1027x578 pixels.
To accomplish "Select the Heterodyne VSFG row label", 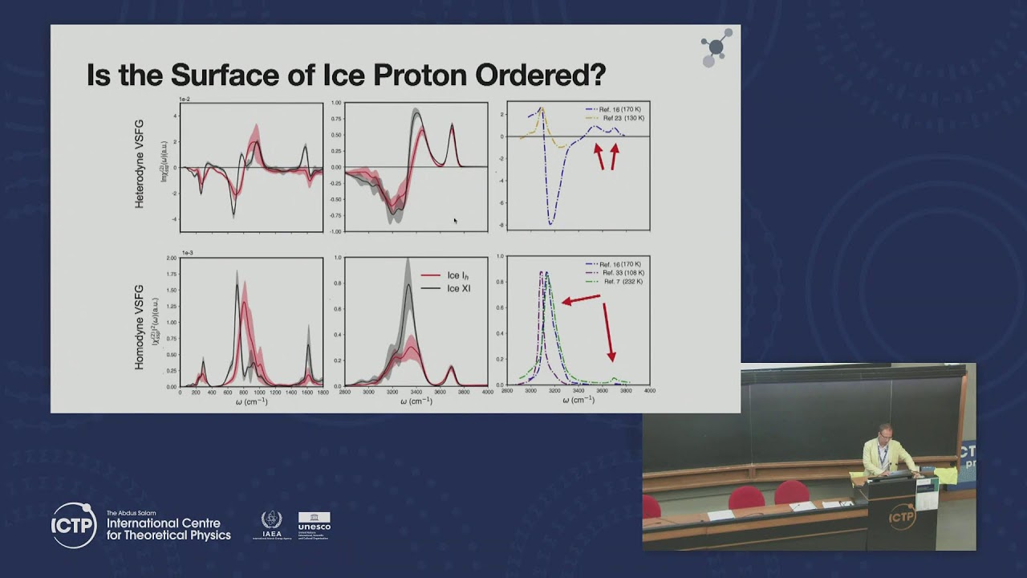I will click(x=140, y=164).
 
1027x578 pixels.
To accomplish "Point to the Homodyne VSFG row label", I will click(x=140, y=327).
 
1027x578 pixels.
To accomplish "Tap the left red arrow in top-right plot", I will click(x=599, y=156).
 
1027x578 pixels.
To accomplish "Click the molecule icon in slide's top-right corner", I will click(x=715, y=48).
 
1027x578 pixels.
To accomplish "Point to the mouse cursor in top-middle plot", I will click(x=455, y=221).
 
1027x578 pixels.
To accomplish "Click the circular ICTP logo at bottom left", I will click(x=75, y=525).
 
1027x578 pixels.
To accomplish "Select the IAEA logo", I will click(x=272, y=525).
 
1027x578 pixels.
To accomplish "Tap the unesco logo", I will click(x=314, y=525).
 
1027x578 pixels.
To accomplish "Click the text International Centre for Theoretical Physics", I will click(x=168, y=529).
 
